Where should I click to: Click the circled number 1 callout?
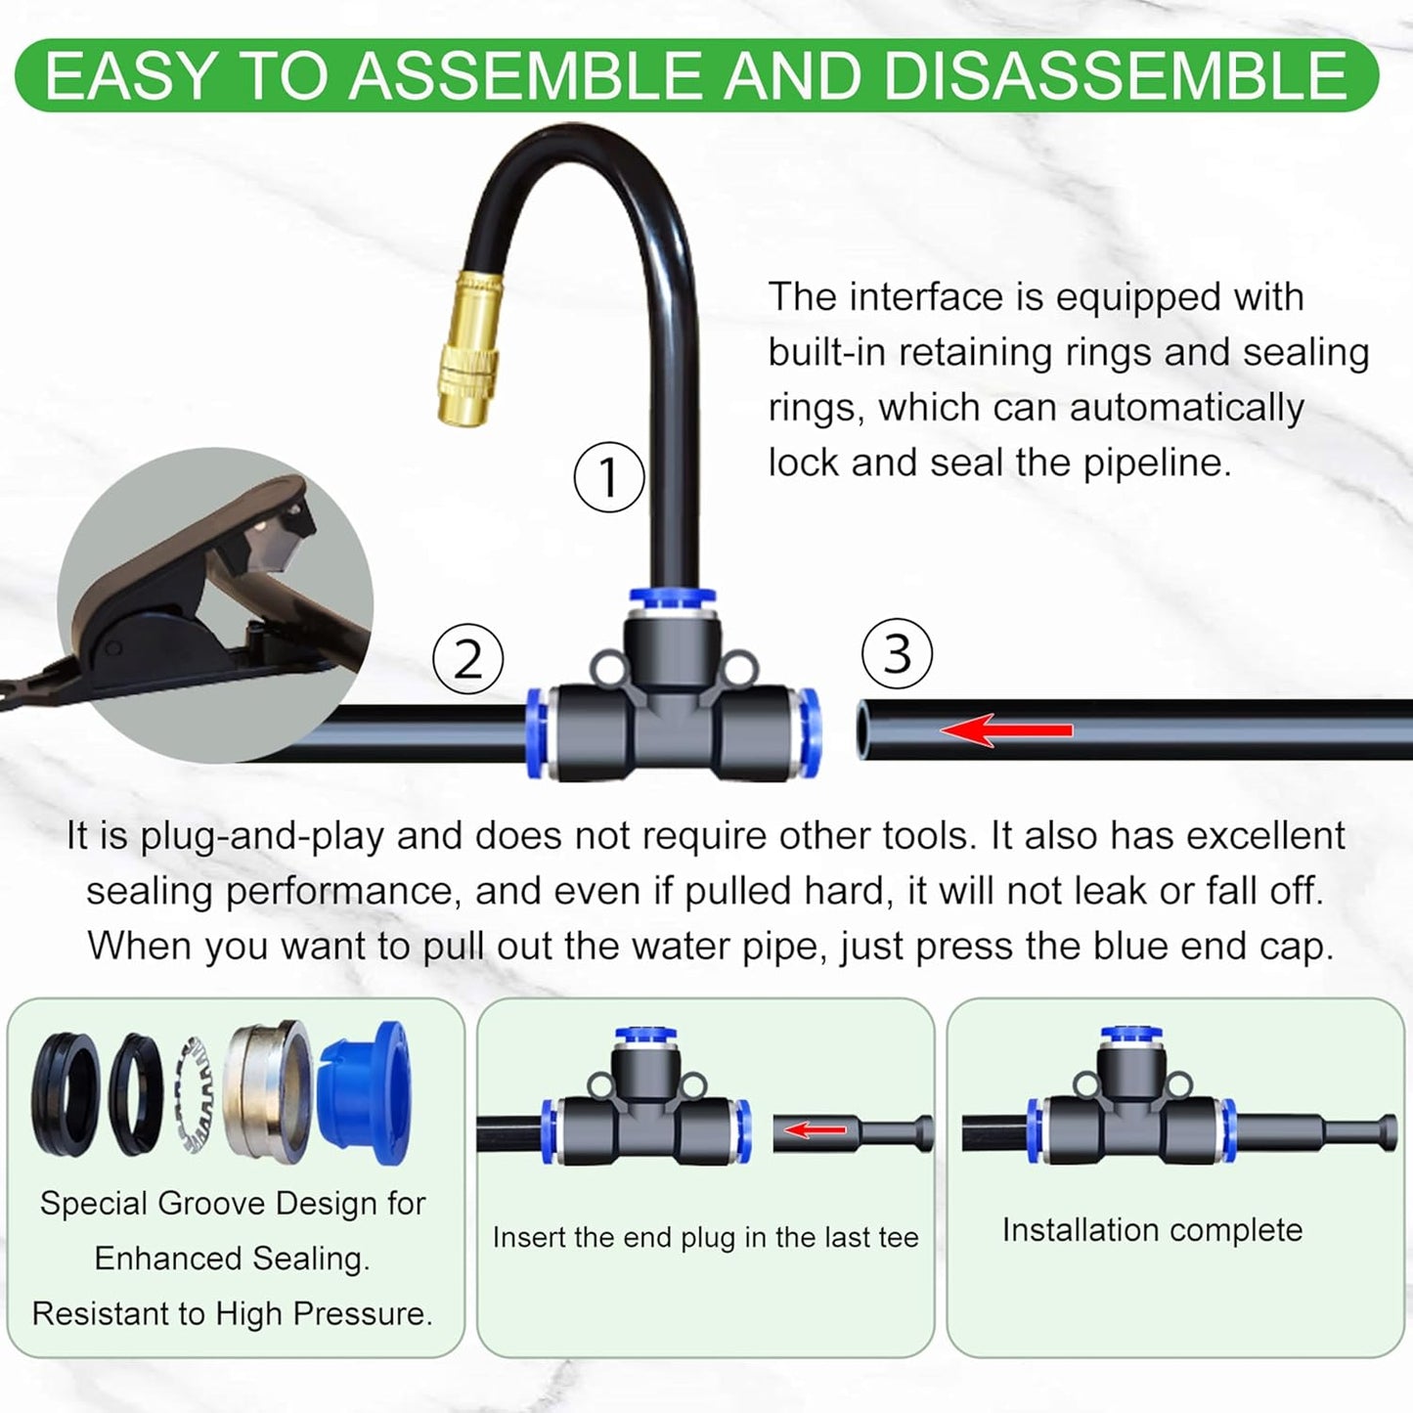608,477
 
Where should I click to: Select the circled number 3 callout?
897,653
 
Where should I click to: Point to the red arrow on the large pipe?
1006,729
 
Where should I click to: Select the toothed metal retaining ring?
198,1093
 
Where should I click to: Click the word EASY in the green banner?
130,76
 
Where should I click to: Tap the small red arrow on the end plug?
815,1130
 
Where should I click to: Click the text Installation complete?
1152,1229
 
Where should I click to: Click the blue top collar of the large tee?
673,596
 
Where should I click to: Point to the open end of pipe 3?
863,729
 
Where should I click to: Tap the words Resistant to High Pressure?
232,1313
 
